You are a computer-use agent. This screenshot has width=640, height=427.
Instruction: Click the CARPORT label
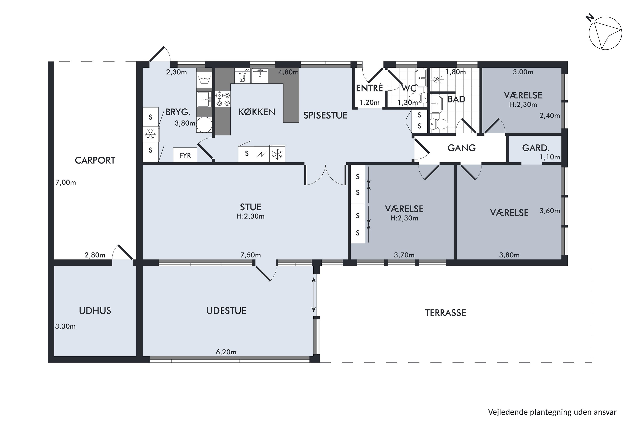(x=95, y=160)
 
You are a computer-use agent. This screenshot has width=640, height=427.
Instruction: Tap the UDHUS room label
(x=95, y=311)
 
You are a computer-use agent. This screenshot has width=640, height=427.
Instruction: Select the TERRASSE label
(x=445, y=313)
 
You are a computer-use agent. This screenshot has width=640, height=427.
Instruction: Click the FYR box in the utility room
(x=185, y=155)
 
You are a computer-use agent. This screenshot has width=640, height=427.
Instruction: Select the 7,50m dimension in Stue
(x=250, y=255)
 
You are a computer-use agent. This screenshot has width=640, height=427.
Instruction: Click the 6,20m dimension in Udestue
(x=226, y=352)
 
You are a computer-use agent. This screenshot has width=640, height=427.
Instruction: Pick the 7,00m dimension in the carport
(x=65, y=183)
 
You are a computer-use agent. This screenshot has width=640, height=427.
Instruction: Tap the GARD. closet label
(x=535, y=148)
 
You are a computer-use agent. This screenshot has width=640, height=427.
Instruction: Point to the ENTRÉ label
(x=369, y=88)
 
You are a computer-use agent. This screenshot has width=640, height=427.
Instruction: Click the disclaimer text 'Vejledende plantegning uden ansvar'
(x=552, y=412)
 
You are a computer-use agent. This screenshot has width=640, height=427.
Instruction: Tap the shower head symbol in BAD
(x=436, y=79)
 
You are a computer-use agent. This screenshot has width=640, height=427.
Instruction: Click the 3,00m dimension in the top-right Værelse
(x=523, y=72)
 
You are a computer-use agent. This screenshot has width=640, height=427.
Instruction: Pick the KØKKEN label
(x=257, y=112)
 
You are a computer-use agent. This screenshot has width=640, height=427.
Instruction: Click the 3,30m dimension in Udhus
(x=65, y=326)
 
